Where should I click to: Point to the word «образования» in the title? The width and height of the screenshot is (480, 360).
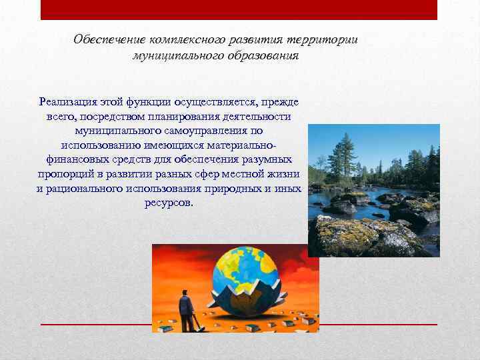point(261,56)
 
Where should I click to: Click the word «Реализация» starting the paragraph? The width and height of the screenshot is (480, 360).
point(68,102)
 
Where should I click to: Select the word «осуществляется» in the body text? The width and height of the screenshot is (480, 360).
point(219,102)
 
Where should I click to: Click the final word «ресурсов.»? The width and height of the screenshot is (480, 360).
point(169,203)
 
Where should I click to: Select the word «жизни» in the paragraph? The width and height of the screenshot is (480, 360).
point(283,174)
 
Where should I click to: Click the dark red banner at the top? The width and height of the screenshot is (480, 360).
point(239,9)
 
